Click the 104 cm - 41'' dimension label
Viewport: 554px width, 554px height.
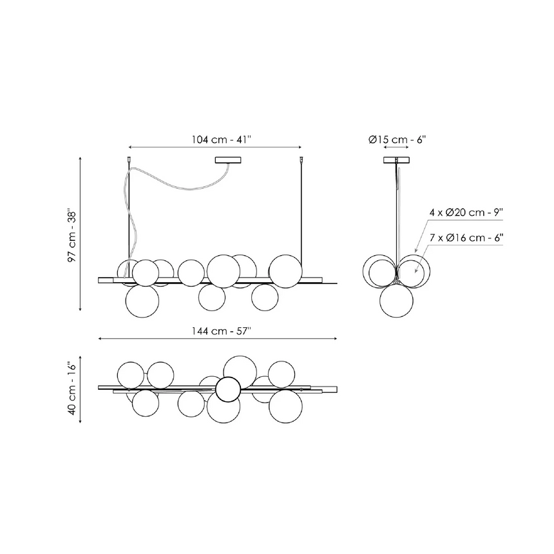221,139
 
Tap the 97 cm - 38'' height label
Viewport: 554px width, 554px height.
72,236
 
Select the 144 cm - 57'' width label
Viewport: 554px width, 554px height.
221,331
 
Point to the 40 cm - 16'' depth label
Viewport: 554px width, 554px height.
72,388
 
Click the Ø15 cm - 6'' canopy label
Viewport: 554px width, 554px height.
397,140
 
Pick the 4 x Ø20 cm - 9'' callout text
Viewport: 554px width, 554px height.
466,213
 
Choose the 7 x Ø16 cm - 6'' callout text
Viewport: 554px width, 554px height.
466,238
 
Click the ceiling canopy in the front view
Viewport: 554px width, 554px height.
228,160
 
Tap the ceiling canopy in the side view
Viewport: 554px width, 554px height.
396,160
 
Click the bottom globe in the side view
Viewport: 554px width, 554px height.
396,301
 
